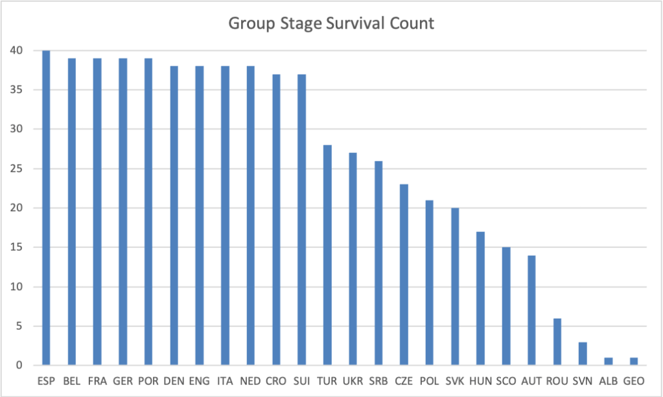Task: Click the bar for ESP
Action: [x=46, y=208]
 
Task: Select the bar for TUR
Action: [x=327, y=255]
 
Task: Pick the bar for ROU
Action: [x=557, y=342]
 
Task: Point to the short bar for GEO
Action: [x=633, y=361]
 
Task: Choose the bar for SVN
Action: [x=582, y=354]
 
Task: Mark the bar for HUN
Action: [x=480, y=299]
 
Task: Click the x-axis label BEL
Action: [x=72, y=381]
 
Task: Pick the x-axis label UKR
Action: [x=353, y=381]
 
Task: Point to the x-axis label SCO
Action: [x=506, y=381]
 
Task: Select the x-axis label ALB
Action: [x=608, y=381]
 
